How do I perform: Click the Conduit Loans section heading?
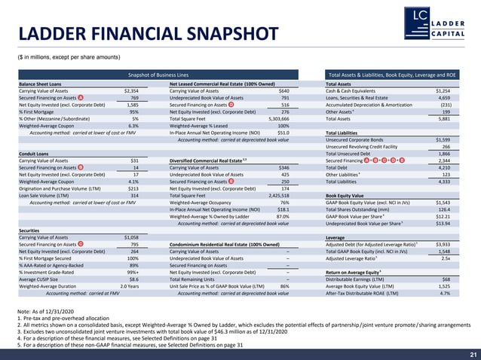tap(33, 153)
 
